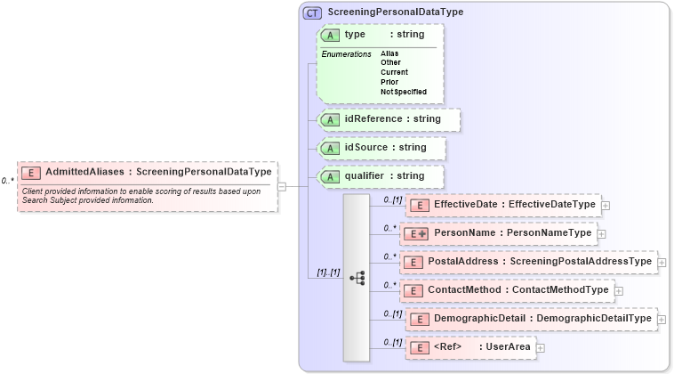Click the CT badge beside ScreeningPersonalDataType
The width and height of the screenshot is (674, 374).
312,13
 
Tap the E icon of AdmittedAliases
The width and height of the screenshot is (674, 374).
31,173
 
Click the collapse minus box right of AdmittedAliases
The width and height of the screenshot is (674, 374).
282,186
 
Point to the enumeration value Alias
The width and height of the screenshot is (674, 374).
390,53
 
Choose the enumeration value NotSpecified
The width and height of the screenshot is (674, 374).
404,92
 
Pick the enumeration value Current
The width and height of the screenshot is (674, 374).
394,72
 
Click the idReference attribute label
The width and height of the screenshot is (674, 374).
373,118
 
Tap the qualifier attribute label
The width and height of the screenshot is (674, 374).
372,176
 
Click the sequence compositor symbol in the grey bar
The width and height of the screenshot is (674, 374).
357,278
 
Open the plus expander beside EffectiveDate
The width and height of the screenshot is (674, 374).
606,205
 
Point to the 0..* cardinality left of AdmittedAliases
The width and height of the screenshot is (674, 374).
8,181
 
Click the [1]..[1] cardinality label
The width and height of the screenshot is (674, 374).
329,272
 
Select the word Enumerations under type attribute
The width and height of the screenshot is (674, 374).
346,54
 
